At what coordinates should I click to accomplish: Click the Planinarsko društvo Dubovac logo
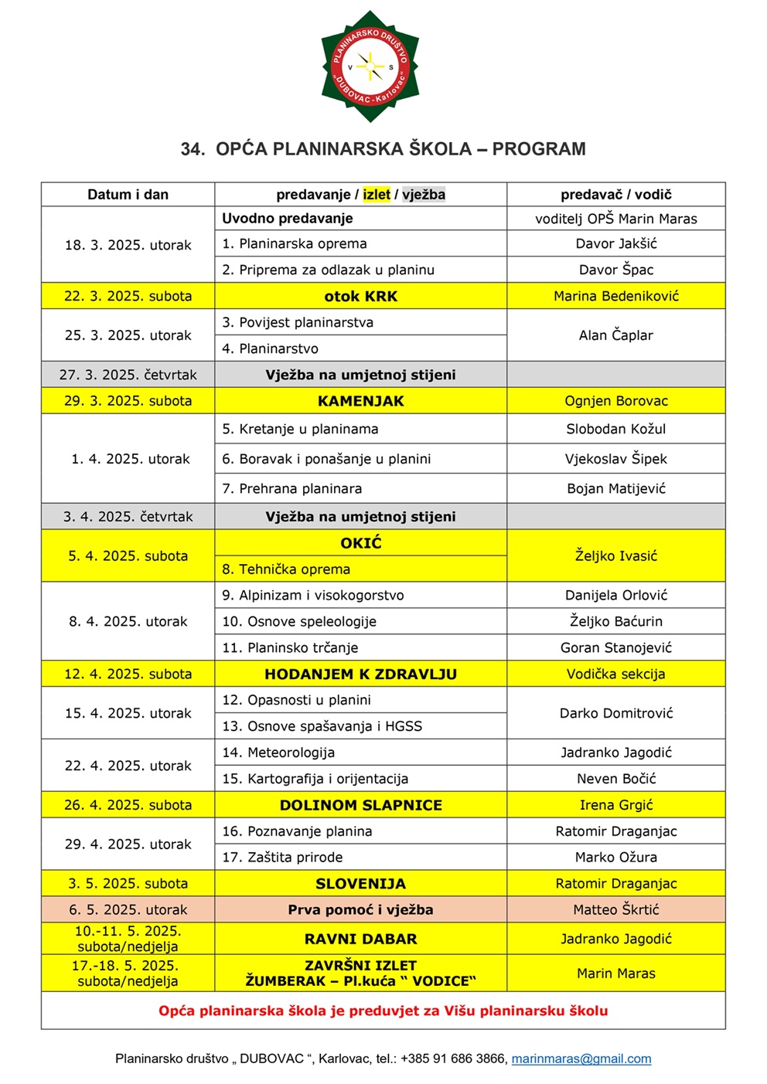[370, 66]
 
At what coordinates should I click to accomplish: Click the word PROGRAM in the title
[539, 148]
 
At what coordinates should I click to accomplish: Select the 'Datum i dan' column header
[128, 195]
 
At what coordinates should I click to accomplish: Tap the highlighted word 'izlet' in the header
[377, 195]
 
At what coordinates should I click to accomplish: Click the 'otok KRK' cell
[360, 296]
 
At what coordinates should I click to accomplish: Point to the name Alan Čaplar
[615, 335]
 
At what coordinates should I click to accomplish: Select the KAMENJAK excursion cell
[360, 401]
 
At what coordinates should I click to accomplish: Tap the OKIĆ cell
[361, 543]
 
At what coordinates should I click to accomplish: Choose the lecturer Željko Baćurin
[615, 621]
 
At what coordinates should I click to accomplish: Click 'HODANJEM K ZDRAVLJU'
[360, 674]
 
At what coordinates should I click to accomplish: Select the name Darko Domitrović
[615, 713]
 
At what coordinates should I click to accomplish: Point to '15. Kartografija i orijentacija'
[315, 779]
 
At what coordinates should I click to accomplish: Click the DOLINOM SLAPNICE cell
[360, 805]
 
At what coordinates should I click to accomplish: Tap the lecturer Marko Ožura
[615, 857]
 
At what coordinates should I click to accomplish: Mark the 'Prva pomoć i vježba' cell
[360, 909]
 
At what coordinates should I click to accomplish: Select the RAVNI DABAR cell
[360, 939]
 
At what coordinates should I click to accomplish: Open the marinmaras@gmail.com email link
[581, 1059]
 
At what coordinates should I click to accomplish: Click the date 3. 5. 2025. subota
[128, 883]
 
